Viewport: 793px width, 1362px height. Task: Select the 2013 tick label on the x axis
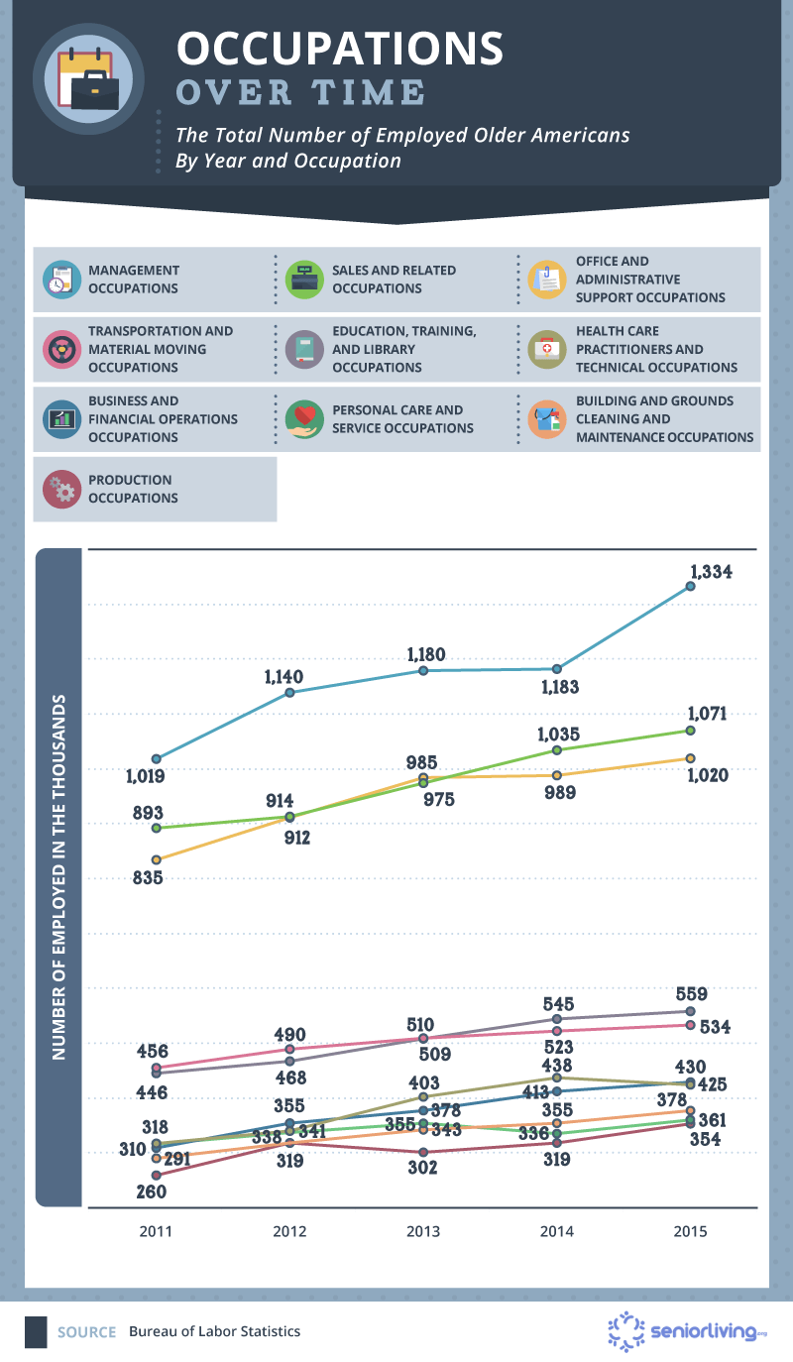pos(423,1232)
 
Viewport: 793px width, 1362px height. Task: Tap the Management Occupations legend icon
pos(59,280)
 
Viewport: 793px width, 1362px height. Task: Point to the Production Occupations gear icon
pos(59,490)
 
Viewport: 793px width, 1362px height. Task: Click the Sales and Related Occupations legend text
pos(394,280)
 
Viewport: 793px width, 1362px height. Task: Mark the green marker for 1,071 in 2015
pos(690,731)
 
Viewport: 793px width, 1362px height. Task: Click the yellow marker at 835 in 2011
pos(156,859)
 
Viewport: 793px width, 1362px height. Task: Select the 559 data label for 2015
pos(690,994)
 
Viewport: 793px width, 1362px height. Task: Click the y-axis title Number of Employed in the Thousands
pos(60,876)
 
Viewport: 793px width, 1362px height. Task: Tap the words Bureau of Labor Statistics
pos(214,1332)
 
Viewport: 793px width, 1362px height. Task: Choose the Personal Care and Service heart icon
pos(303,418)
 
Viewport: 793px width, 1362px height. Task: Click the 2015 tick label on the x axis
pos(690,1232)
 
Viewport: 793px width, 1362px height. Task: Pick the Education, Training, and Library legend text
pos(404,349)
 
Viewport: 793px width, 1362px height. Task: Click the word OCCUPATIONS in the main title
pos(340,49)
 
